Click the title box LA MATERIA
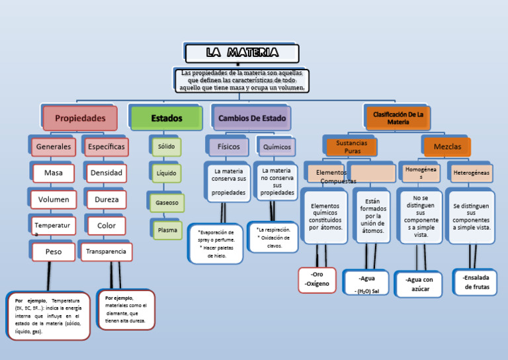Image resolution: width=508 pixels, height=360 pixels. pyautogui.click(x=242, y=53)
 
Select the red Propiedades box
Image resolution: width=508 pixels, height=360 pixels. pyautogui.click(x=80, y=118)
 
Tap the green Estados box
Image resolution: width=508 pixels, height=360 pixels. pyautogui.click(x=166, y=118)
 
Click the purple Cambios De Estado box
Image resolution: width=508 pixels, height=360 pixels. pyautogui.click(x=252, y=118)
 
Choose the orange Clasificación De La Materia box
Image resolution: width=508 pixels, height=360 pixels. pyautogui.click(x=398, y=118)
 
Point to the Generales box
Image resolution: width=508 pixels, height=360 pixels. pyautogui.click(x=54, y=147)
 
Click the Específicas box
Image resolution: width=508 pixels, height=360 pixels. pyautogui.click(x=106, y=147)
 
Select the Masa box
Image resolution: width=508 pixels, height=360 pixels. pyautogui.click(x=54, y=173)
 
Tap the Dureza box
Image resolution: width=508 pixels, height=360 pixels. pyautogui.click(x=106, y=199)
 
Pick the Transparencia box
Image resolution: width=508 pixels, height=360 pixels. pyautogui.click(x=106, y=251)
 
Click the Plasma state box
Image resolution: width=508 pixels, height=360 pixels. pyautogui.click(x=167, y=230)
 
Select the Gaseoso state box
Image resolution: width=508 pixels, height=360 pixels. pyautogui.click(x=167, y=203)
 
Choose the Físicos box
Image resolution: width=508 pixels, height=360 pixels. pyautogui.click(x=229, y=147)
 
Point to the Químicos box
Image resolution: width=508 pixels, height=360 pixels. pyautogui.click(x=277, y=147)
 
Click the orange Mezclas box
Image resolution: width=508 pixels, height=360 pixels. pyautogui.click(x=447, y=147)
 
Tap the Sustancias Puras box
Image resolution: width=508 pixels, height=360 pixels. pyautogui.click(x=351, y=147)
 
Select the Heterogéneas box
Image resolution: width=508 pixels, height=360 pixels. pyautogui.click(x=471, y=173)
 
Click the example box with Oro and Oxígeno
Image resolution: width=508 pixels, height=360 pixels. pyautogui.click(x=317, y=279)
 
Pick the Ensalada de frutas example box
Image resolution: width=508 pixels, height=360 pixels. pyautogui.click(x=476, y=282)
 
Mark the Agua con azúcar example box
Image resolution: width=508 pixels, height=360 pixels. pyautogui.click(x=419, y=284)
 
